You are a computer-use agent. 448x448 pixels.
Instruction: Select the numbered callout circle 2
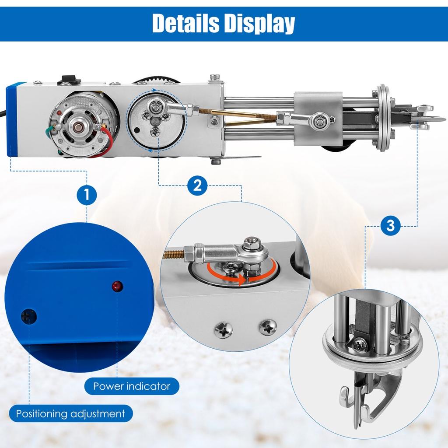pyautogui.click(x=198, y=186)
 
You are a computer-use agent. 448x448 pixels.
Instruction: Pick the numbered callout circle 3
pyautogui.click(x=391, y=226)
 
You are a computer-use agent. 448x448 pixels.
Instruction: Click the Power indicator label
pyautogui.click(x=131, y=386)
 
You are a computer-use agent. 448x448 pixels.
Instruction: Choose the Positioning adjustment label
pyautogui.click(x=70, y=413)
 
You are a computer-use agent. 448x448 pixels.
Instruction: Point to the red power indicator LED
pyautogui.click(x=117, y=287)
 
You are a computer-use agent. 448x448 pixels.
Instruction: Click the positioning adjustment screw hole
pyautogui.click(x=28, y=315)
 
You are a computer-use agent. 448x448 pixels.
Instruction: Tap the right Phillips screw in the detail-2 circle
pyautogui.click(x=267, y=327)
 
